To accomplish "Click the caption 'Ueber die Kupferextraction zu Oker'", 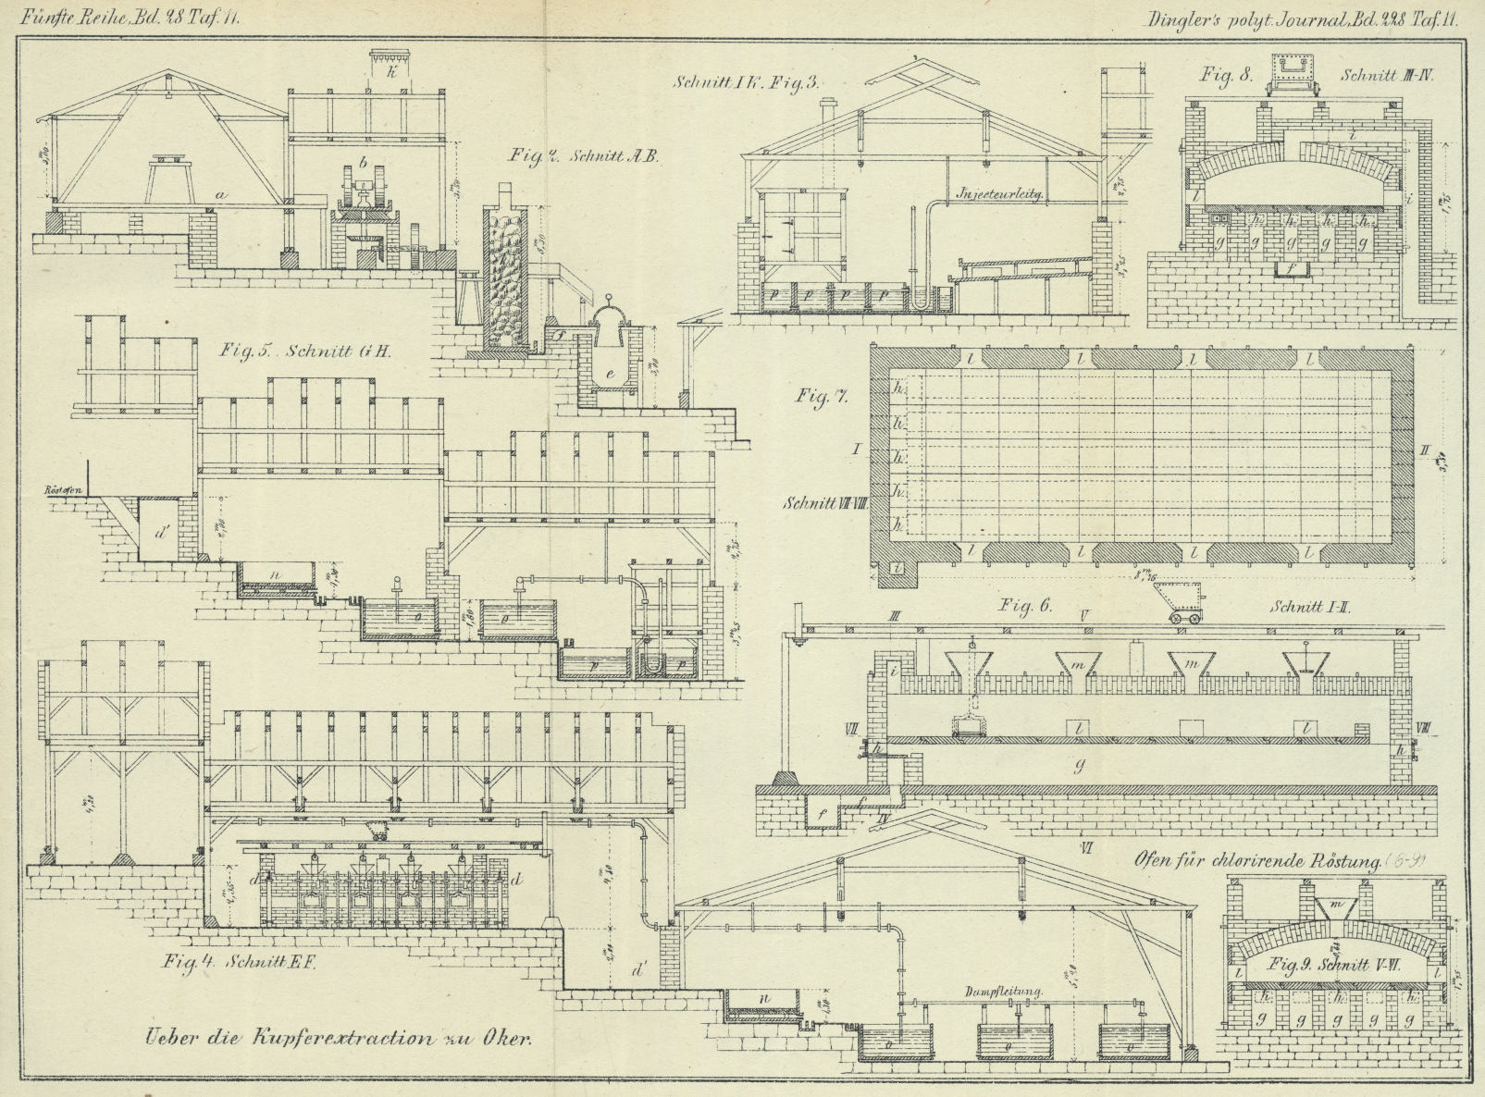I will pos(338,1038).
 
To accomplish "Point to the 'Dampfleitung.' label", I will pos(1004,991).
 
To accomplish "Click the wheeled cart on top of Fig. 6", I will pos(1181,603).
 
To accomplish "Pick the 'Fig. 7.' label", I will pos(822,396).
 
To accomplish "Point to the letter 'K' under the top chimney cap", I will pos(393,71).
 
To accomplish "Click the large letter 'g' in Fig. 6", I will pos(1079,765).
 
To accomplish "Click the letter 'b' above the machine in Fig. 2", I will pos(364,164).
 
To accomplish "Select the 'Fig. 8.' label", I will pos(1226,75).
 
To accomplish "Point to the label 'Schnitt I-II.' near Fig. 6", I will pos(1312,608).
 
